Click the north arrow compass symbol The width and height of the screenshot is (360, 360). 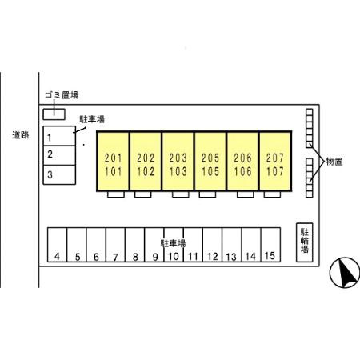(x=345, y=272)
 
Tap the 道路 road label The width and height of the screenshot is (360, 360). (x=21, y=135)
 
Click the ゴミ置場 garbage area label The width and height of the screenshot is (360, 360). (x=62, y=95)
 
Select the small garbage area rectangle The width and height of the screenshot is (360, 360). (x=54, y=114)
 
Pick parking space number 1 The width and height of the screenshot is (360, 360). (x=59, y=136)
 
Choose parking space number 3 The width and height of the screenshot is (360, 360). (x=59, y=174)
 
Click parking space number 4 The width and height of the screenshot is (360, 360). (x=57, y=245)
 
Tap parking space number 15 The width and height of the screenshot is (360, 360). (x=270, y=245)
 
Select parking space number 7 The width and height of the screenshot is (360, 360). (x=115, y=245)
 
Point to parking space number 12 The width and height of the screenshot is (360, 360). (x=212, y=245)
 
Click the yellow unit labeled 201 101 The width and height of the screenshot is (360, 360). (x=114, y=161)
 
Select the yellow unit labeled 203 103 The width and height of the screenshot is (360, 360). (x=178, y=161)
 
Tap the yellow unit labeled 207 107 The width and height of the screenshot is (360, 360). (x=275, y=161)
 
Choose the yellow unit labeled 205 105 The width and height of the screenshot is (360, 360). (x=210, y=161)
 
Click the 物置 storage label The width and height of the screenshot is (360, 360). (x=334, y=162)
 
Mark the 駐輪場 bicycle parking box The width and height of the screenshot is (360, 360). (x=305, y=242)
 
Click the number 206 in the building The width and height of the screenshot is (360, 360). (x=242, y=158)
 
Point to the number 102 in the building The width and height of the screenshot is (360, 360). (x=146, y=171)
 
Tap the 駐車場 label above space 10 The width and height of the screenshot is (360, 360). (x=173, y=243)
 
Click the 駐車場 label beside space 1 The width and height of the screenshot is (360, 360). (x=92, y=119)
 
